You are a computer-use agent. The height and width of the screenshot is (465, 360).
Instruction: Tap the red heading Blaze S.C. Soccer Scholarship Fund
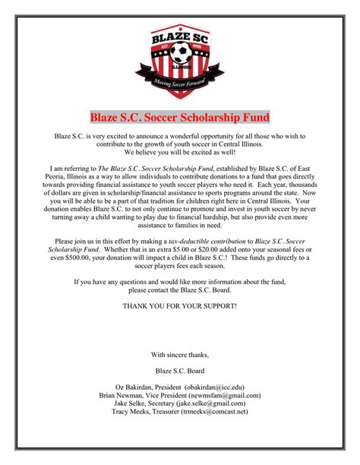click(x=180, y=118)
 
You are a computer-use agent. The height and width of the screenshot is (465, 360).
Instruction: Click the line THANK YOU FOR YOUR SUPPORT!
click(x=179, y=305)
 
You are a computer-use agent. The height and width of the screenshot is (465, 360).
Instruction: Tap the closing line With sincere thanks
click(x=179, y=355)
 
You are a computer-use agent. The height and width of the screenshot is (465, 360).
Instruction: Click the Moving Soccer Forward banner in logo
click(x=180, y=81)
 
